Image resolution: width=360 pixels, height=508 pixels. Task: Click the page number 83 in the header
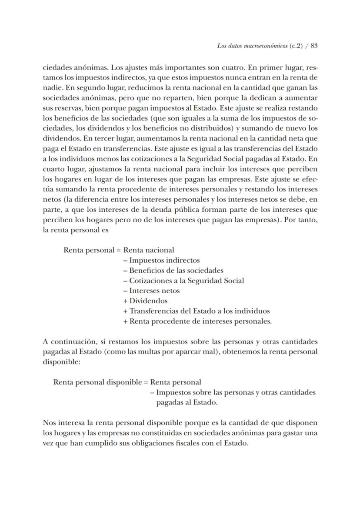point(314,46)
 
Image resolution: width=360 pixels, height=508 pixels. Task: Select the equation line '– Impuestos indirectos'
point(161,260)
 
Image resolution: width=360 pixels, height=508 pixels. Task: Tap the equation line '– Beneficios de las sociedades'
point(173,270)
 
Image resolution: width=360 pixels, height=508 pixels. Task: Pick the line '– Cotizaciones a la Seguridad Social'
point(183,281)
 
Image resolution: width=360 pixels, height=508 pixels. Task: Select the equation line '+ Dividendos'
point(145,301)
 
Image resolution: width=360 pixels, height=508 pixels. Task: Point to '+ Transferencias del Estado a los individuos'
point(197,311)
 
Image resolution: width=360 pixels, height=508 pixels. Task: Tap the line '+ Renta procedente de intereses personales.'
point(197,321)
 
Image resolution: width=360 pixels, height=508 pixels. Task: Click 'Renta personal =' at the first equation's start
point(92,250)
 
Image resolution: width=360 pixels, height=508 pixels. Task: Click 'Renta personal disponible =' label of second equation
point(101,382)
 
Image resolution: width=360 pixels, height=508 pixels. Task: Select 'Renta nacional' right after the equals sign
point(149,250)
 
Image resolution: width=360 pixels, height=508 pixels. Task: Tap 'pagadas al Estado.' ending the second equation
point(187,402)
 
